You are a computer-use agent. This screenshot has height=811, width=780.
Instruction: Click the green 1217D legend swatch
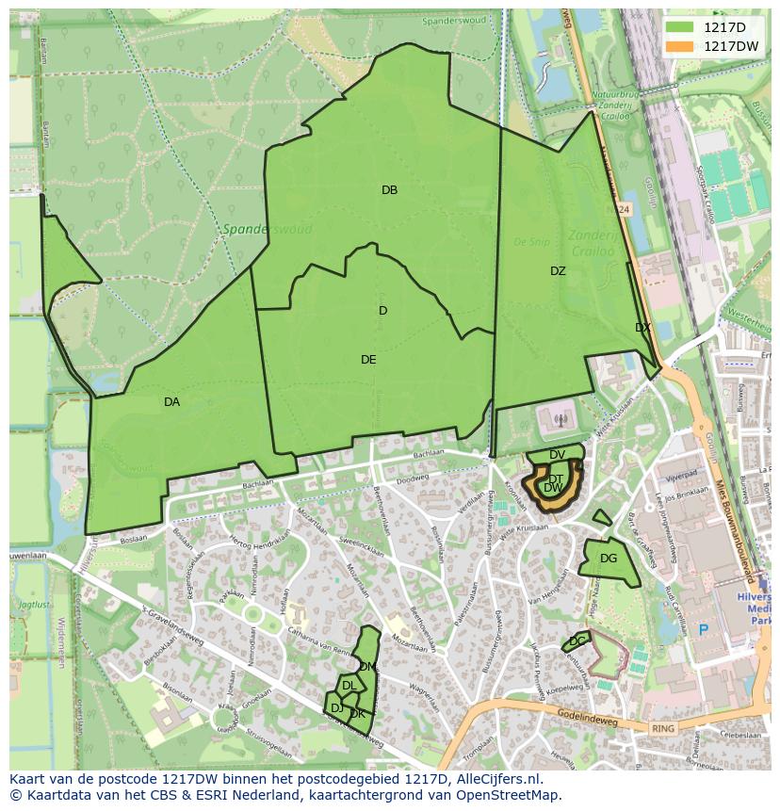678,27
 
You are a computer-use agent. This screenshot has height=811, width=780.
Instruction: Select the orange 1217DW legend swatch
678,46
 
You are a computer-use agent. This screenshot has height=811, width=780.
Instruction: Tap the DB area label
389,190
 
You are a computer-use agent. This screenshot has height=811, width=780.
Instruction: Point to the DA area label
171,402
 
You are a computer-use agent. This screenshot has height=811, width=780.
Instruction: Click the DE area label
368,360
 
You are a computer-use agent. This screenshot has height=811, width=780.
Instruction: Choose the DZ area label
558,271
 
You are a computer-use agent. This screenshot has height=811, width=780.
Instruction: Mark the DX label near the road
642,328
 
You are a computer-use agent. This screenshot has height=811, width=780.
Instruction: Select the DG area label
609,559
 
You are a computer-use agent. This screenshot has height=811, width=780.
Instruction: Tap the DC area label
577,641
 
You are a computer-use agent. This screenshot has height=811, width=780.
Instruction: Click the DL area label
349,686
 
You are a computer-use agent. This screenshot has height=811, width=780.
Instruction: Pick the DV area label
557,455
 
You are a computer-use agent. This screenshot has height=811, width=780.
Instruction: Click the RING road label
663,729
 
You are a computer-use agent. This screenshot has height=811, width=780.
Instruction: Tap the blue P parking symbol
702,629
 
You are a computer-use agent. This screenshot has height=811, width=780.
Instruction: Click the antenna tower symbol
560,421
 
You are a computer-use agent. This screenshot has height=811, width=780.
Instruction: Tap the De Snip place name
531,241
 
